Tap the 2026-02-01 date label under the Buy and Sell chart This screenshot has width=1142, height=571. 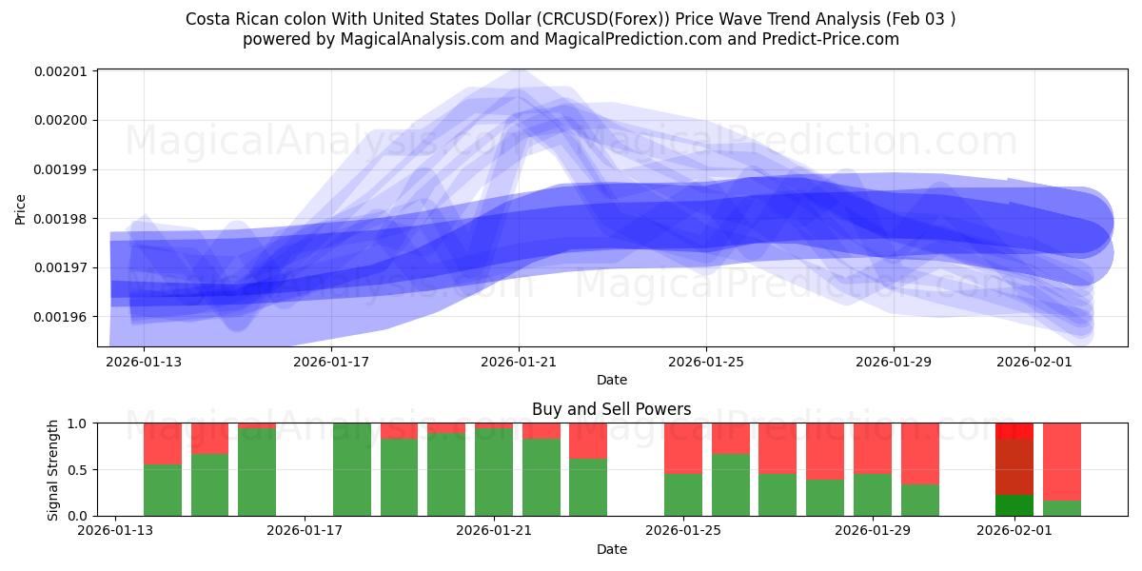pyautogui.click(x=1014, y=530)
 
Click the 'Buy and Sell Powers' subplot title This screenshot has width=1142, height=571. pyautogui.click(x=611, y=409)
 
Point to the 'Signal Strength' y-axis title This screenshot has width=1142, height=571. pyautogui.click(x=53, y=469)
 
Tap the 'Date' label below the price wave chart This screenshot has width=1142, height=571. pyautogui.click(x=611, y=380)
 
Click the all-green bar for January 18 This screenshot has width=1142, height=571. pyautogui.click(x=351, y=469)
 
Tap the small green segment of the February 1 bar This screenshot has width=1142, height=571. pyautogui.click(x=1014, y=505)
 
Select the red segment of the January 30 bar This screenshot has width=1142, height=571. pyautogui.click(x=919, y=454)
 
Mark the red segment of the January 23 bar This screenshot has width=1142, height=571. pyautogui.click(x=588, y=441)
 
